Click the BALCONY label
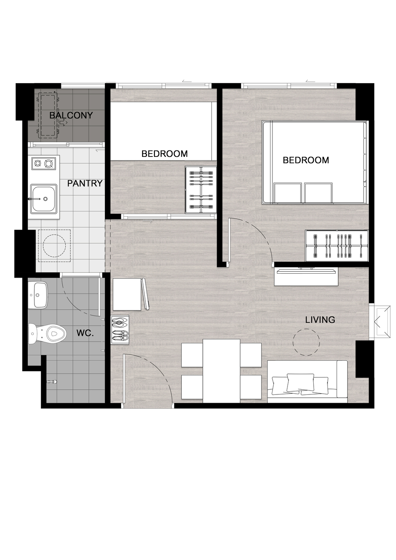coord(71,115)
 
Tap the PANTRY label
coord(85,183)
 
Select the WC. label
coord(85,333)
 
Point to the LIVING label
coord(320,320)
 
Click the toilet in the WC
coord(47,333)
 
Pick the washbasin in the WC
coord(38,295)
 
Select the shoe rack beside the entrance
coord(120,330)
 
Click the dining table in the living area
coord(221,371)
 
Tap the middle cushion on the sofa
coord(300,383)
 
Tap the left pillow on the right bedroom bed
coord(287,193)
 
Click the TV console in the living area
coord(306,276)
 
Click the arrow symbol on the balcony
coord(64,122)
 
